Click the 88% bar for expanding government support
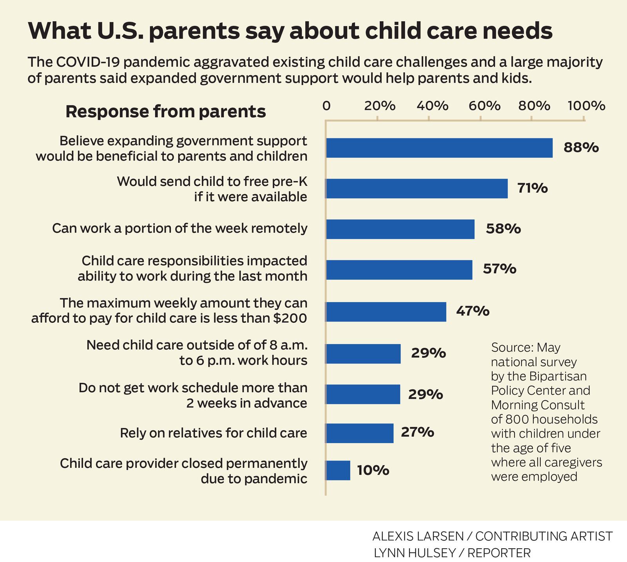coord(439,148)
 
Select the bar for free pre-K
coord(417,189)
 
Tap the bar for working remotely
coord(400,229)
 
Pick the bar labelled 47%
coord(386,312)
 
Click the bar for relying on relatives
coord(359,433)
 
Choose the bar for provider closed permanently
coord(338,470)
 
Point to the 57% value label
coord(499,269)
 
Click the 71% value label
coord(532,189)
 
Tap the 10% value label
coord(373,470)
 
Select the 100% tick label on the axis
coord(586,106)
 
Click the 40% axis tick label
coord(432,106)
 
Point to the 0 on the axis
coord(326,106)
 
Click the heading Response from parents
coord(165,111)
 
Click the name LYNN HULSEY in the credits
coord(414,553)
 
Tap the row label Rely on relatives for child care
coord(213,433)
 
